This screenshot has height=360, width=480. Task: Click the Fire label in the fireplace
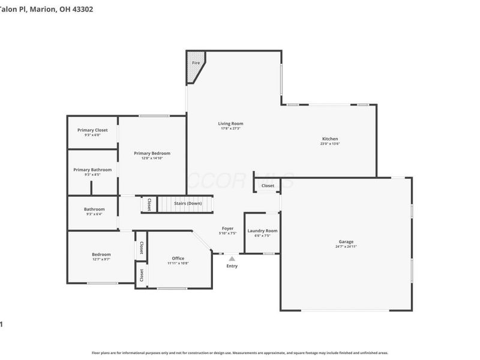point(196,63)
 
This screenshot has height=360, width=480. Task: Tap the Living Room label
point(230,124)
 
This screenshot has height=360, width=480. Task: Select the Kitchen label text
point(330,139)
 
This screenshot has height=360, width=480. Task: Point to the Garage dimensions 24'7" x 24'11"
point(346,247)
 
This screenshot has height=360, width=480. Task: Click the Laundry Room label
point(262,230)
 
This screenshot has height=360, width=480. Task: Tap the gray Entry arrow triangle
point(232,259)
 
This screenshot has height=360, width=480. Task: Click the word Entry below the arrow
point(232,266)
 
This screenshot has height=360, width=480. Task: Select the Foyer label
point(228,228)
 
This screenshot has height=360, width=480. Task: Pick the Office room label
point(178,259)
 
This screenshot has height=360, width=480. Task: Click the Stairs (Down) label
point(188,203)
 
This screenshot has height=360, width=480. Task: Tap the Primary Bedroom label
point(152,153)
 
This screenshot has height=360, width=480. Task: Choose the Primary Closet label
point(92,130)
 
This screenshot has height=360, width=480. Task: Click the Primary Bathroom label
point(92,170)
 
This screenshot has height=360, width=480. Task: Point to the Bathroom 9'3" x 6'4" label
point(94,214)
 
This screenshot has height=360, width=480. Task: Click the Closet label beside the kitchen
point(268,186)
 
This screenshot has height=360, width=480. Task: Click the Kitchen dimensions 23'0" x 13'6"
point(330,144)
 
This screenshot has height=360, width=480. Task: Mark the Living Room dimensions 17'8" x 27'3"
point(230,128)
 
